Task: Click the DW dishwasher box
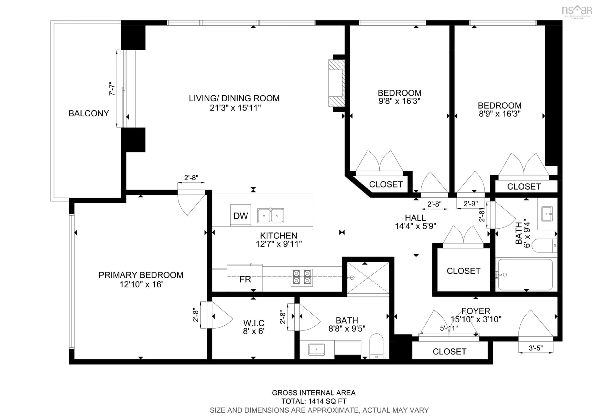(x=240, y=215)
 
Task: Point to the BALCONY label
(x=89, y=113)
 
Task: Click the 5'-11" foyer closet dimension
(x=449, y=328)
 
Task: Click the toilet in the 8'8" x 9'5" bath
(x=376, y=346)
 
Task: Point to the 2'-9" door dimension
(x=470, y=203)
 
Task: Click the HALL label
(x=415, y=218)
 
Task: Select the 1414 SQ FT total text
(x=314, y=401)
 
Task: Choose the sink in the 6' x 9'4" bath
(x=547, y=214)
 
